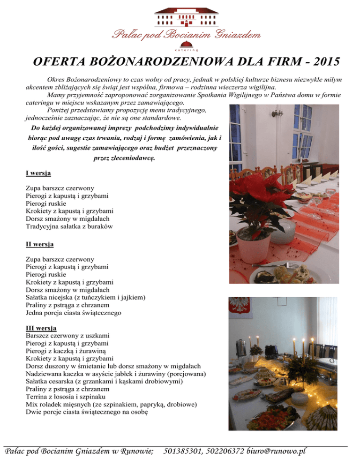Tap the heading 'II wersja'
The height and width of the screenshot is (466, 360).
[x=40, y=245]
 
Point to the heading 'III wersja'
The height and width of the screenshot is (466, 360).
[x=41, y=328]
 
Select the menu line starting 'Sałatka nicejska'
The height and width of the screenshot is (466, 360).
[x=86, y=298]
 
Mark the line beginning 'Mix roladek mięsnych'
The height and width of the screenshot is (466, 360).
[x=91, y=404]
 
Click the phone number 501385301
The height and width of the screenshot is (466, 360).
[x=182, y=451]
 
